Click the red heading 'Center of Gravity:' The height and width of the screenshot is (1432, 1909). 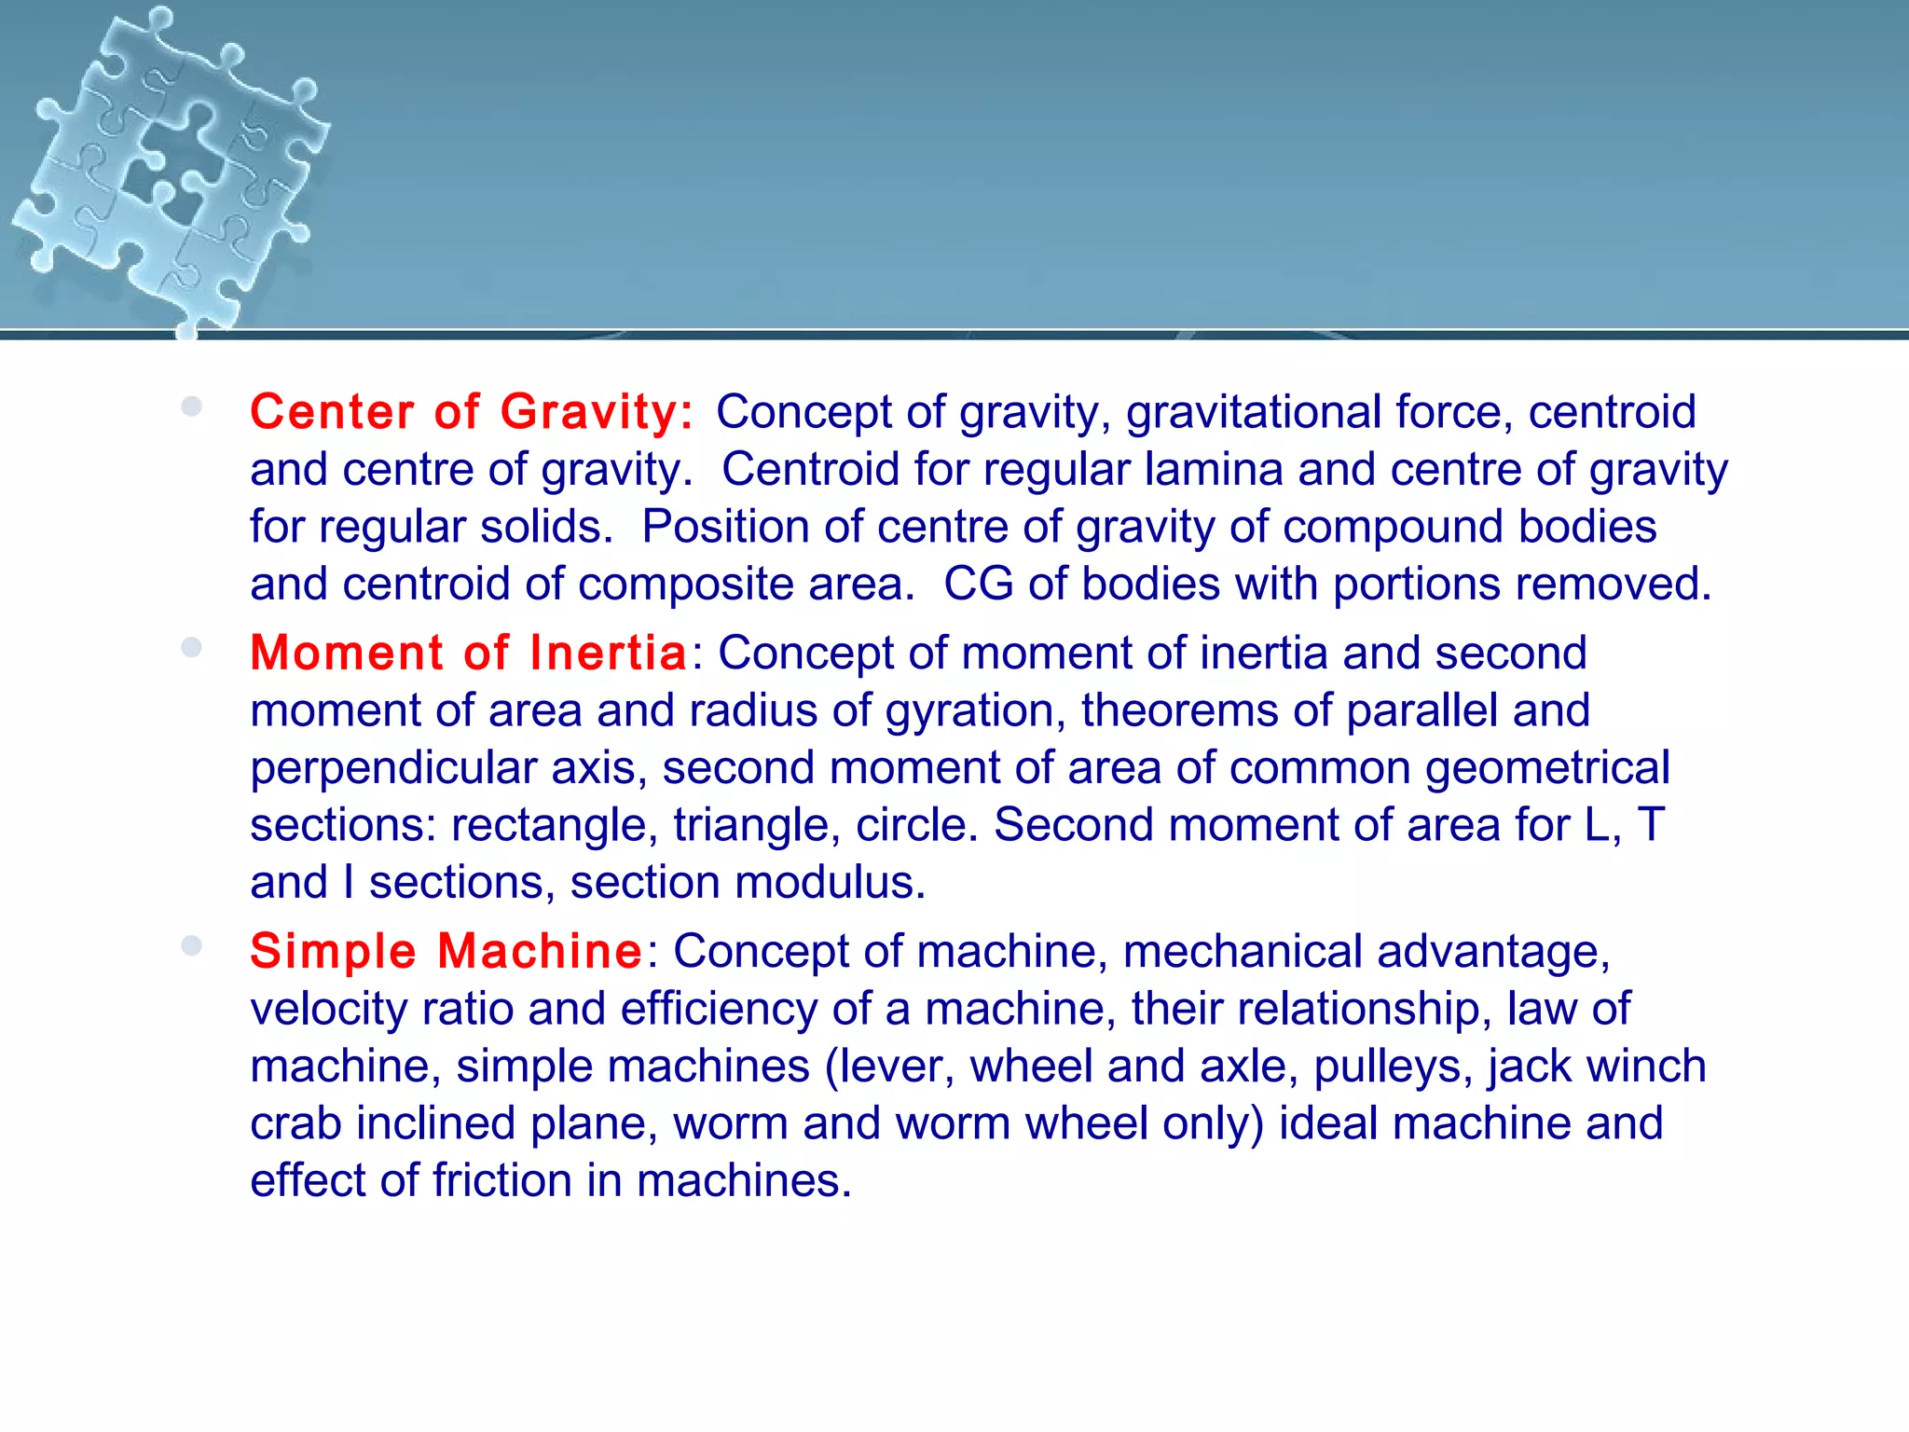pyautogui.click(x=472, y=412)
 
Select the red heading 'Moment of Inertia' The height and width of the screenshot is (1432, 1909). pyautogui.click(x=469, y=653)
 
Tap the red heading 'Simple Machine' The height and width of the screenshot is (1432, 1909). pyautogui.click(x=446, y=951)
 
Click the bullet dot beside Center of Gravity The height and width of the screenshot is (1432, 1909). pyautogui.click(x=192, y=406)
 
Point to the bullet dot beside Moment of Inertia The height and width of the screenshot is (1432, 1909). pyautogui.click(x=192, y=647)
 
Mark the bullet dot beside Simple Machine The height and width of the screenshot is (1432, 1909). pyautogui.click(x=192, y=945)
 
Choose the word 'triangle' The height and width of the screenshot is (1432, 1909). pyautogui.click(x=750, y=826)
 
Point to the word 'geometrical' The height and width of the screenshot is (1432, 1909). pyautogui.click(x=1547, y=769)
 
